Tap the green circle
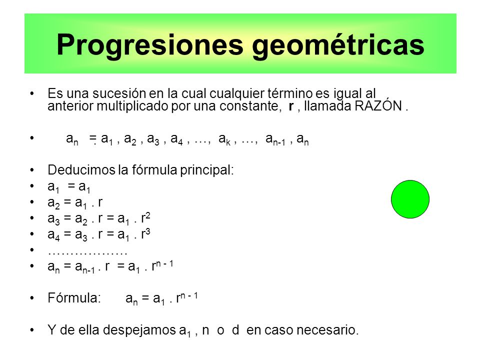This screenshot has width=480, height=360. point(410,199)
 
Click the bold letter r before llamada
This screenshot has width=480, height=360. point(291,107)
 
